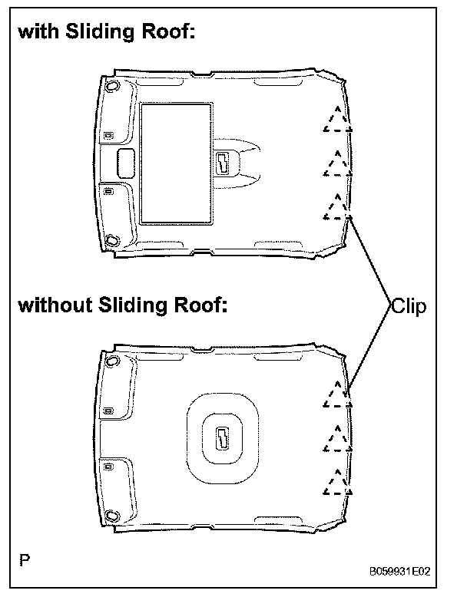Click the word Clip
coord(408,306)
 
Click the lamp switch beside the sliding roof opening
coord(224,163)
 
